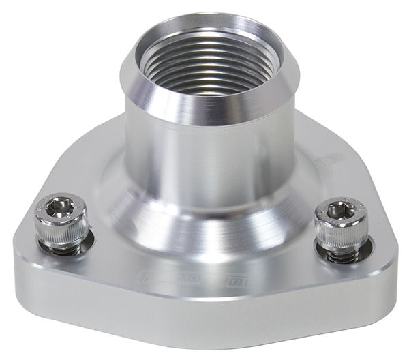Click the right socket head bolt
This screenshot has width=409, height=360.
coord(342,228)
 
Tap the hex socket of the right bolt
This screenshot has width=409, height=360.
coord(340,212)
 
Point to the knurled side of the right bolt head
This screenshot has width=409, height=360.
coord(342,237)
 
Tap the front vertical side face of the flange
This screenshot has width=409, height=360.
coord(204,314)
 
